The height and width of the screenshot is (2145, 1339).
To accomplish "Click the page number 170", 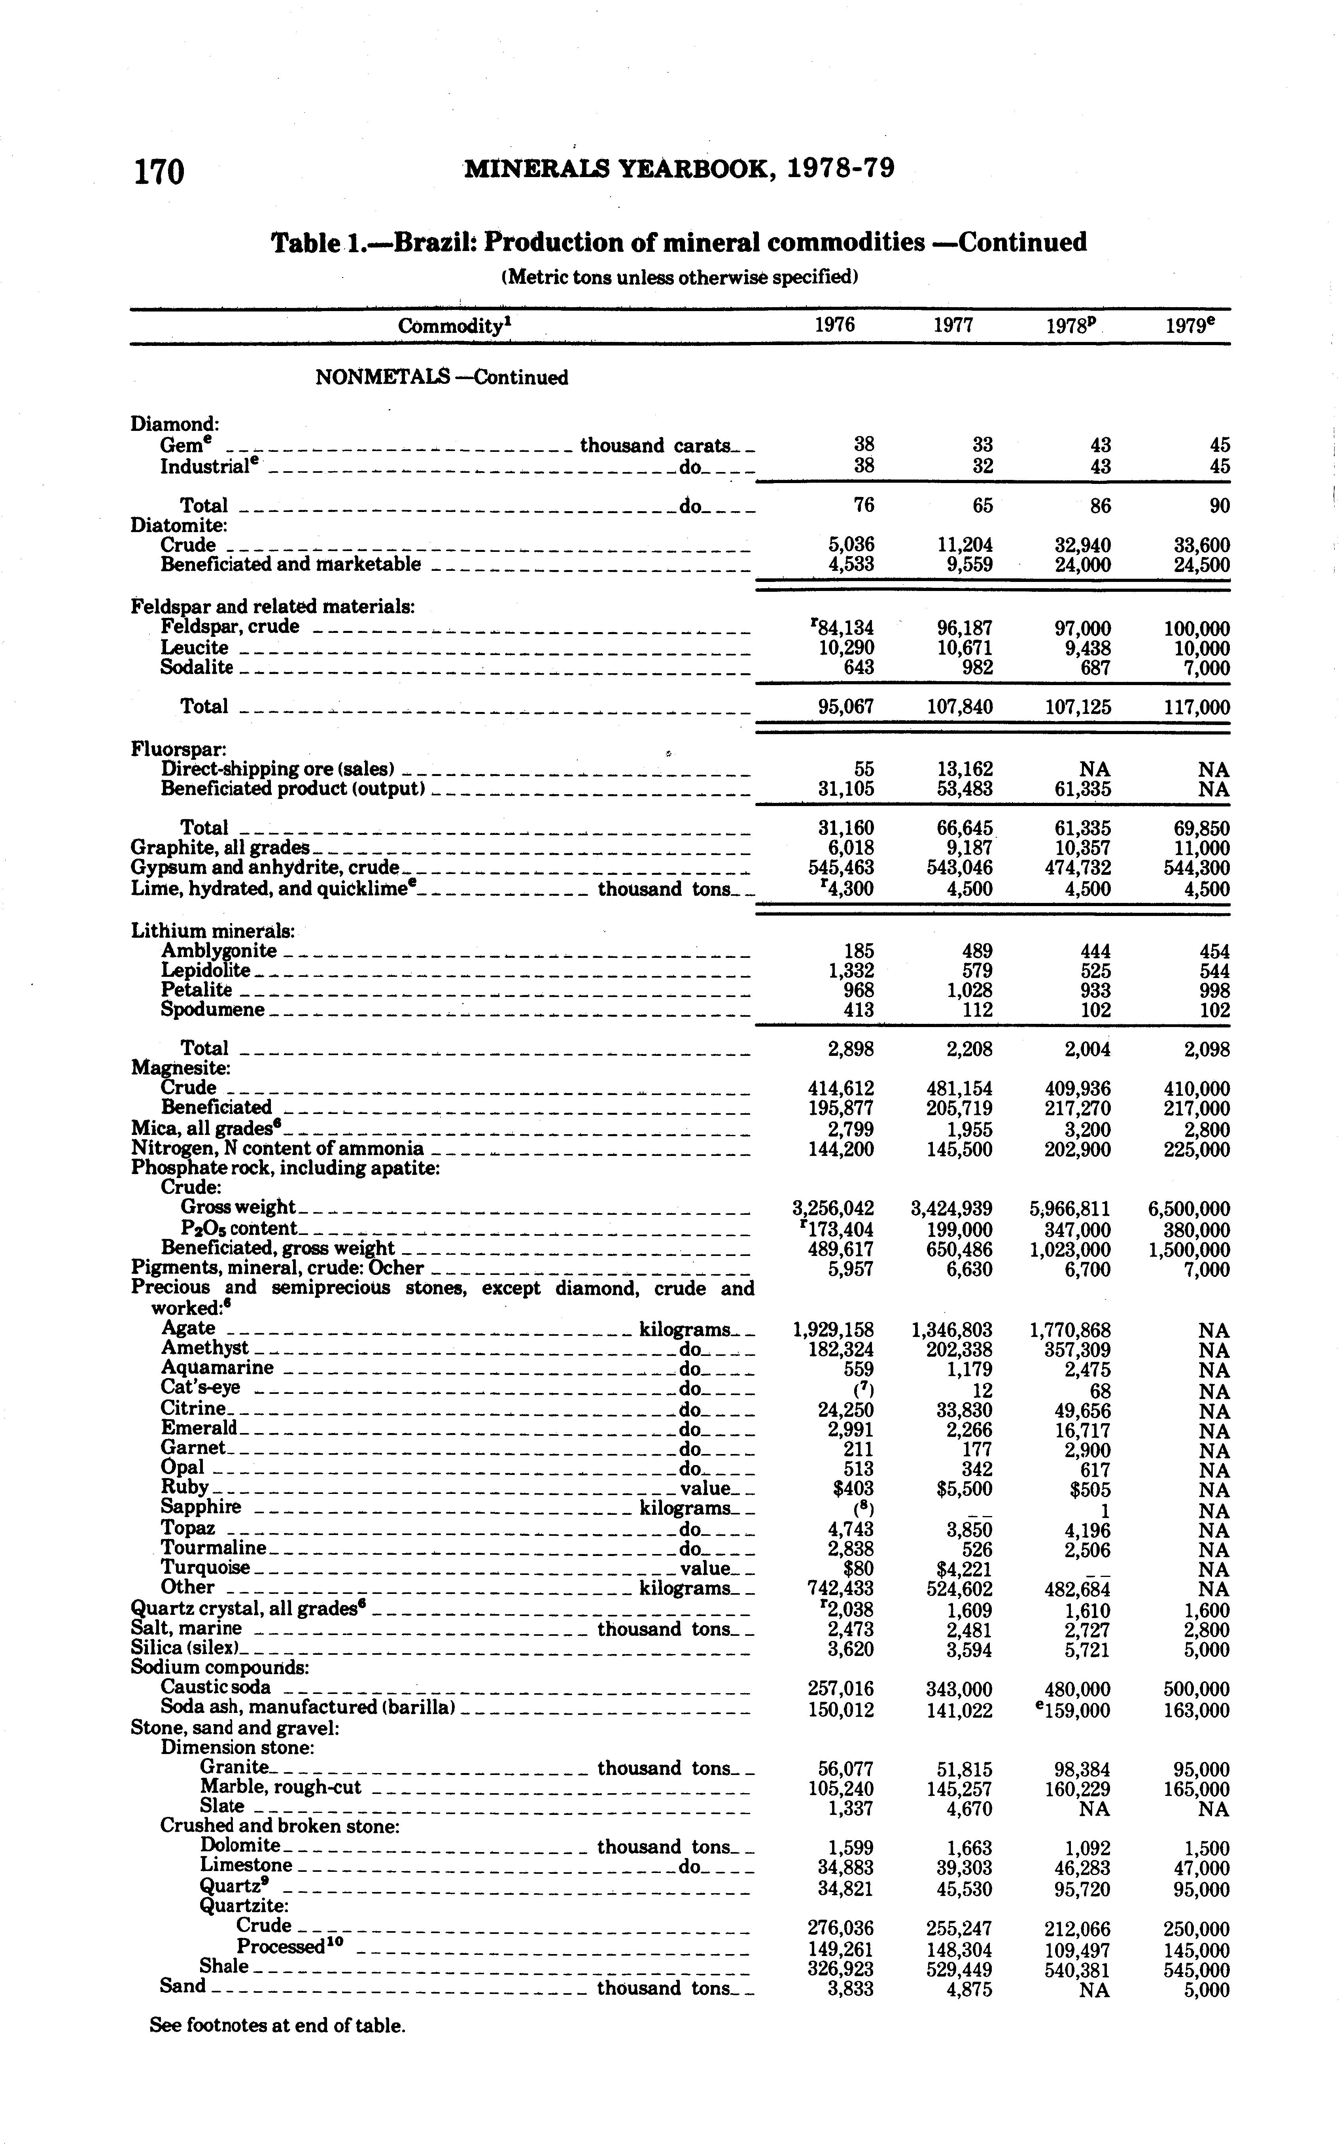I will tap(159, 171).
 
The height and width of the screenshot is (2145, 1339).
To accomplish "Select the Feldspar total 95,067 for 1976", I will tap(844, 706).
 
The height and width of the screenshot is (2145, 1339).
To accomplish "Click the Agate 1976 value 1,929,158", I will tap(832, 1330).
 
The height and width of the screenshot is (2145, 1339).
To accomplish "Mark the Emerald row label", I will tap(199, 1428).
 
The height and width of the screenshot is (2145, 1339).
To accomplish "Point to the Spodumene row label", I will tap(212, 1010).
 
